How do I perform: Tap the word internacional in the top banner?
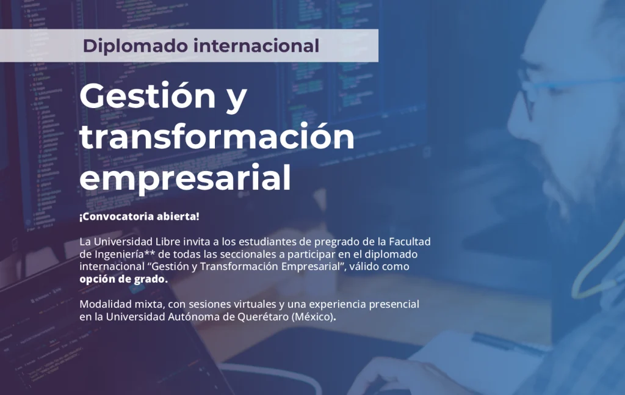[256, 45]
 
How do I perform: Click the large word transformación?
[217, 136]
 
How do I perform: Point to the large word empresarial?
[185, 178]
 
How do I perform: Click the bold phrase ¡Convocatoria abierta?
[139, 217]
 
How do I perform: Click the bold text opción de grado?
[123, 279]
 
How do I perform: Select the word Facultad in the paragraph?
[410, 242]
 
